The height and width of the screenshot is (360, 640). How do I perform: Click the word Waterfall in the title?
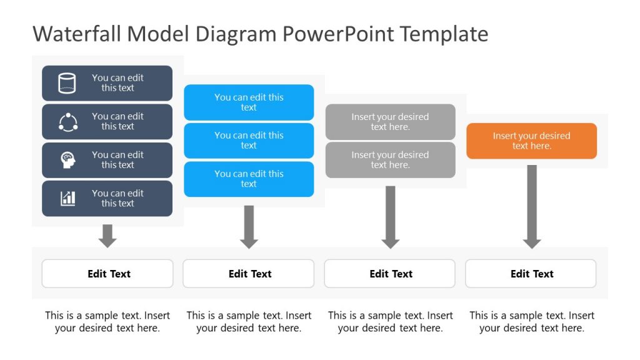coord(77,34)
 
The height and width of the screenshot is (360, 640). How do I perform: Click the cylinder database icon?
coord(67,83)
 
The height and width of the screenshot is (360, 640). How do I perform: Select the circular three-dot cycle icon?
coord(67,122)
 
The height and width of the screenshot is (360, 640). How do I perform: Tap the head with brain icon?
coord(67,160)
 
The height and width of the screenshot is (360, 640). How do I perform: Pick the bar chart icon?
coord(67,198)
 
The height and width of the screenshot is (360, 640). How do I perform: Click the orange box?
coord(531,141)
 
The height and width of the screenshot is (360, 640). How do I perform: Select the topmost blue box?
coord(249,102)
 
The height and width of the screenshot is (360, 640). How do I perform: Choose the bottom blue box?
coord(249,179)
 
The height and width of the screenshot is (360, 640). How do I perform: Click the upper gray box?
coord(390,122)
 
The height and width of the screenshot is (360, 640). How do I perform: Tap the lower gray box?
coord(390,160)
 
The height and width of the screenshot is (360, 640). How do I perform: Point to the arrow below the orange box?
coord(532,207)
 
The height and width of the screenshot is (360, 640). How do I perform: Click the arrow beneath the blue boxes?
coord(249,227)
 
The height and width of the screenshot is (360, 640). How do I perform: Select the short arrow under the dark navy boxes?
coord(107,236)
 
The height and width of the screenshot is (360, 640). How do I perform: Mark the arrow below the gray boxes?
coord(390,217)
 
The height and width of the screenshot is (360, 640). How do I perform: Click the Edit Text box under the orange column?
coord(531,274)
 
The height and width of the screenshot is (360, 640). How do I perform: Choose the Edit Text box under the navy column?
coord(107,274)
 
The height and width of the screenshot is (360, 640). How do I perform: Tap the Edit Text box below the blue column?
coord(249,274)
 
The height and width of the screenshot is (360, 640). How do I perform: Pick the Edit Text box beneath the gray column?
coord(390,274)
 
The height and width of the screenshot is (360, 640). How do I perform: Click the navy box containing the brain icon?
coord(107,160)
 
